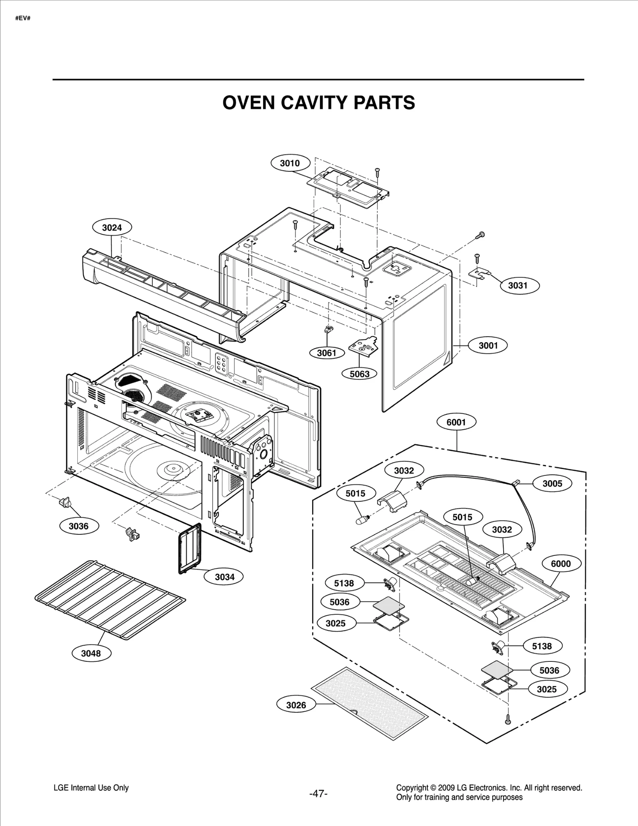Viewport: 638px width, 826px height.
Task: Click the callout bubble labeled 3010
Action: (x=290, y=163)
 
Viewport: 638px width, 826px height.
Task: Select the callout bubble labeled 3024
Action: (x=112, y=228)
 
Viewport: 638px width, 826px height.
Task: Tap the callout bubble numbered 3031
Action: (x=518, y=285)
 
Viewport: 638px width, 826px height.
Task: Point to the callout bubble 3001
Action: (x=488, y=345)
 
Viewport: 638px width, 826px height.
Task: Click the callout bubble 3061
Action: (x=327, y=353)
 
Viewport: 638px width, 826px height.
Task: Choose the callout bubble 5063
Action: (x=360, y=374)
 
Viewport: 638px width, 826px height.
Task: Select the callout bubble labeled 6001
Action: (x=456, y=422)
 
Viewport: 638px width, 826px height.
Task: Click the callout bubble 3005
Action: (x=552, y=483)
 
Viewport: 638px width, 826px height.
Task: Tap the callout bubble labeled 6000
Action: (x=561, y=563)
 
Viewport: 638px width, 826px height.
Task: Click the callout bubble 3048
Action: (x=91, y=653)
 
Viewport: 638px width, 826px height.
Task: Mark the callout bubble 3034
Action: (x=224, y=577)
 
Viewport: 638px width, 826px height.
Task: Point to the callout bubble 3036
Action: (x=79, y=526)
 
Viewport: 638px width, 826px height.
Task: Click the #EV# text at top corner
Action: (x=23, y=18)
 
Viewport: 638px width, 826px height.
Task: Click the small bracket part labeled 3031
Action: (x=479, y=273)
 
